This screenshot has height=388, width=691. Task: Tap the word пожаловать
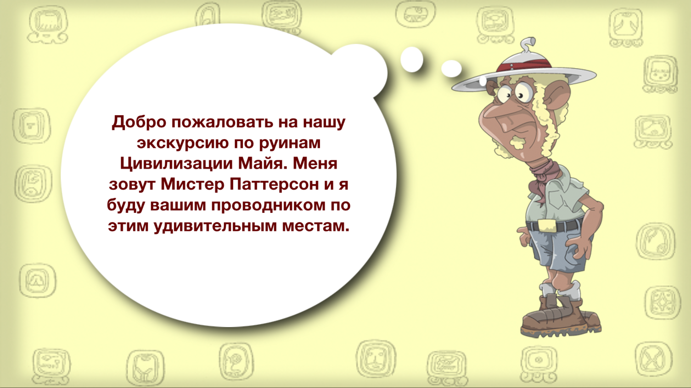point(222,122)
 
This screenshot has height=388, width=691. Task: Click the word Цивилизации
point(177,164)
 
